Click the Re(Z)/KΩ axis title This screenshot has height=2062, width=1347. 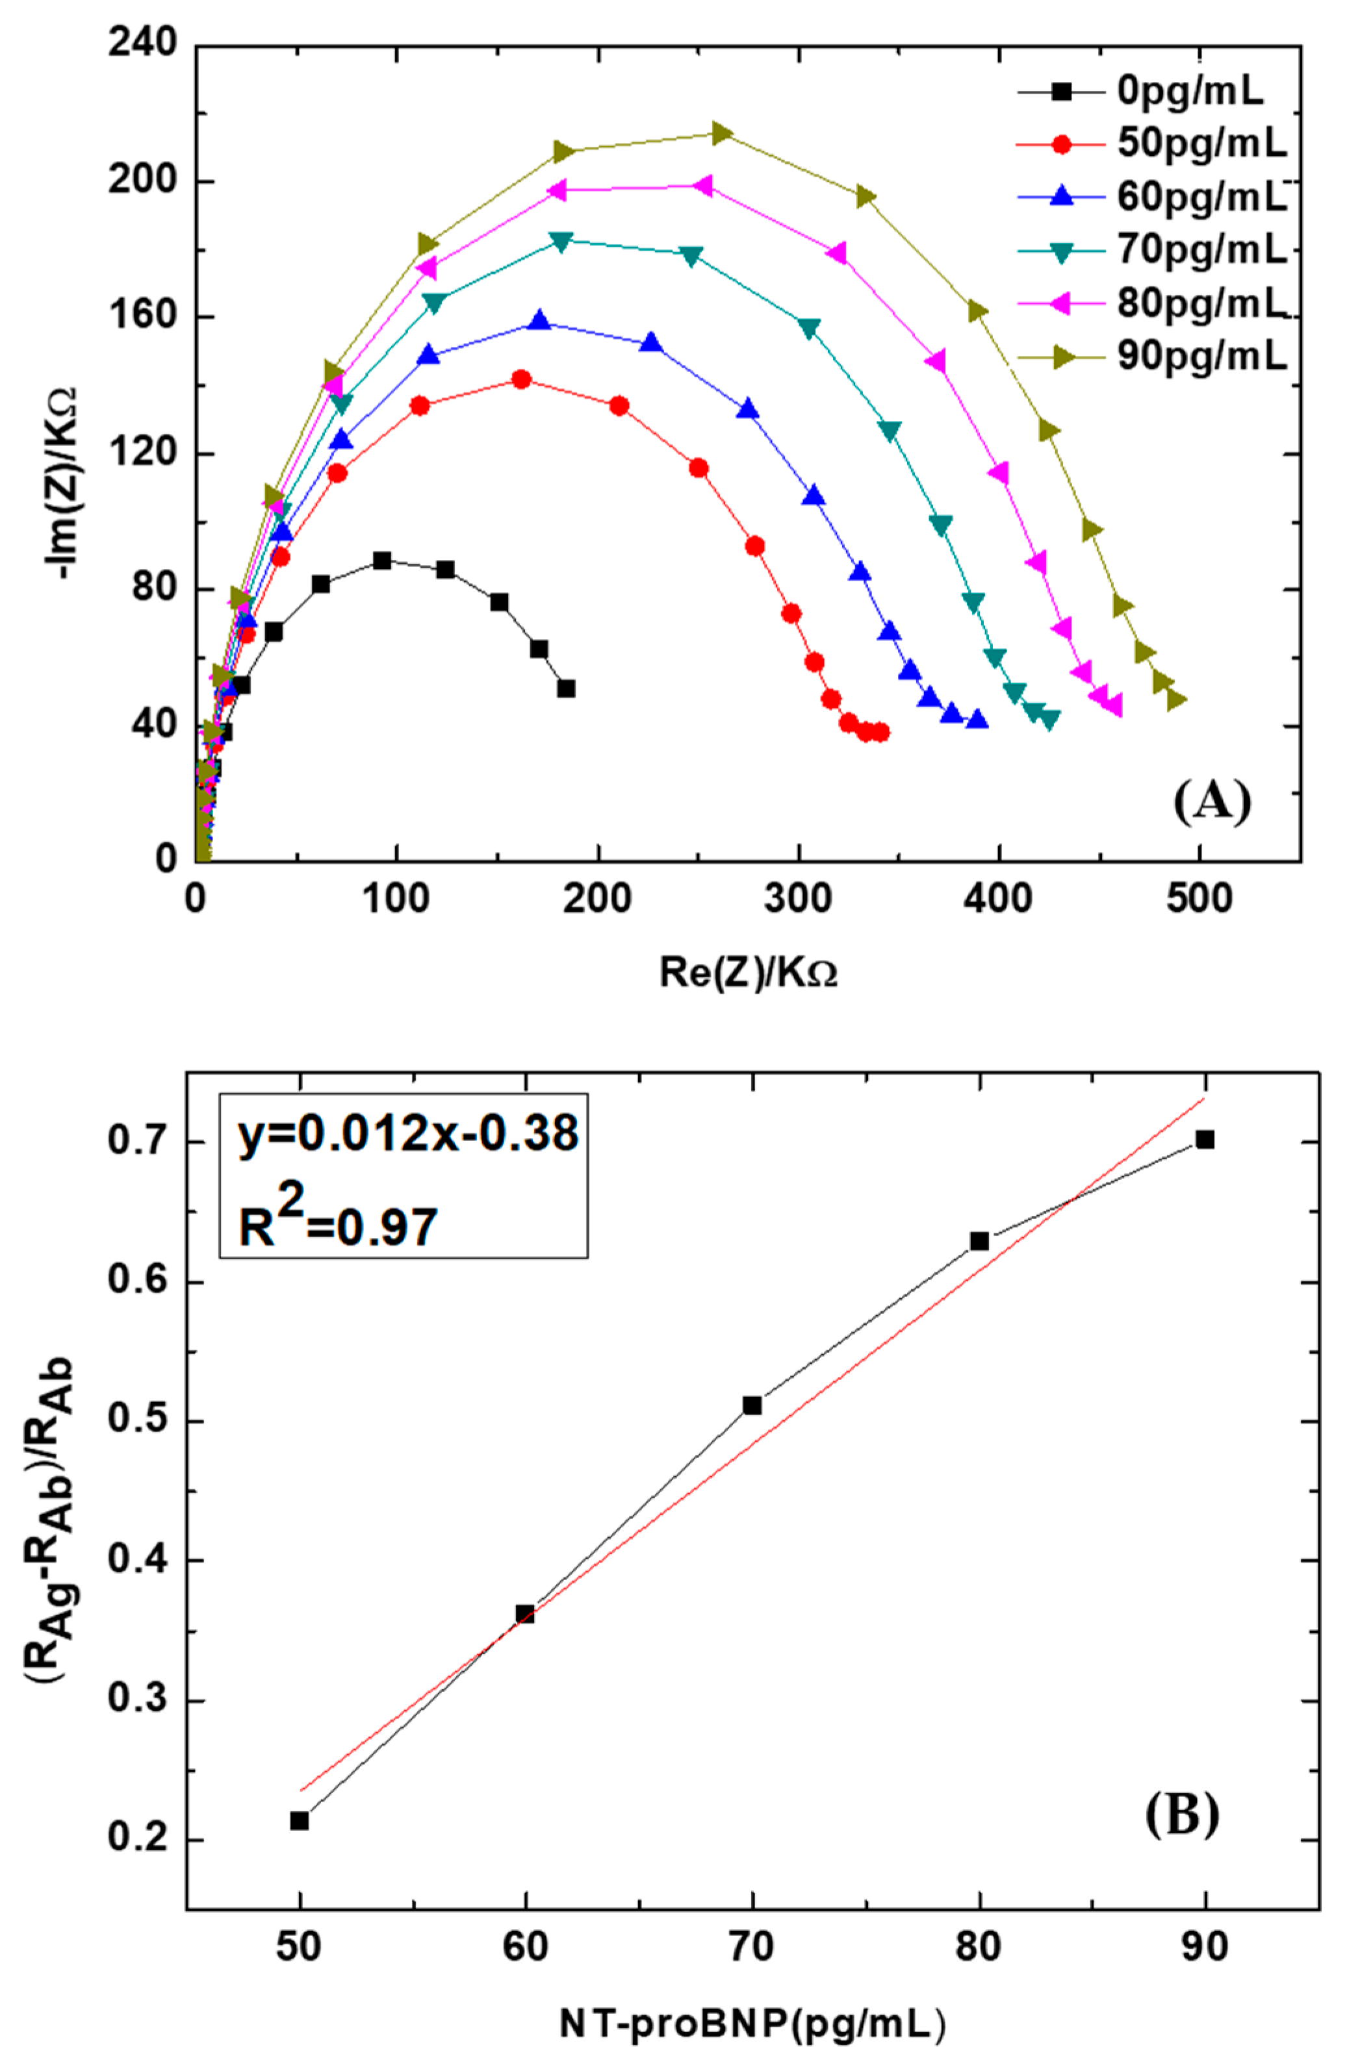(x=747, y=973)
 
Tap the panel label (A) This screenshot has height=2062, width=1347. (x=1212, y=801)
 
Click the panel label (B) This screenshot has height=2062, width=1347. (x=1181, y=1813)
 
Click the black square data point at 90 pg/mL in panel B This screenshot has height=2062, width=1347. (x=1204, y=1139)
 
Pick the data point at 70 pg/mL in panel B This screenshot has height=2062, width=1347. (x=752, y=1404)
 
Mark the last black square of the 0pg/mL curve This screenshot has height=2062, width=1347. (x=566, y=689)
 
